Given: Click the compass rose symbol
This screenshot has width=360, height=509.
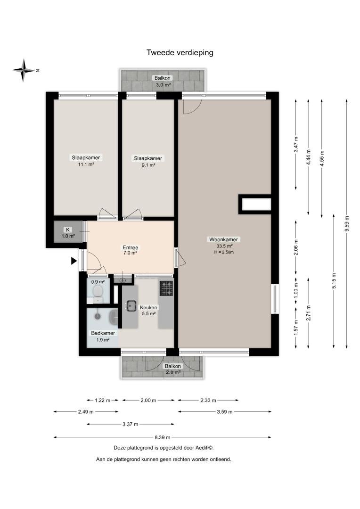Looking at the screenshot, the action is [24, 70].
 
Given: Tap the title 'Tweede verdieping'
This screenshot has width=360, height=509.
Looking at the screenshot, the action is [180, 53].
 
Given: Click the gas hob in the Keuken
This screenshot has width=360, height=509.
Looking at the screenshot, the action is [166, 288].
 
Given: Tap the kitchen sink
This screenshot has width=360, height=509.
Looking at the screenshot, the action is [131, 305].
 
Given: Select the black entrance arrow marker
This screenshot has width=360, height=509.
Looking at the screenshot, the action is [74, 261].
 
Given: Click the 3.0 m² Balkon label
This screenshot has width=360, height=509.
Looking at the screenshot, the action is [162, 81].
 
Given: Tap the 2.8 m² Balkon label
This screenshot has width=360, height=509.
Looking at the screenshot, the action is [172, 369].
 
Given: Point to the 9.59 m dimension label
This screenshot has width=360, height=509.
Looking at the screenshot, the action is [347, 224].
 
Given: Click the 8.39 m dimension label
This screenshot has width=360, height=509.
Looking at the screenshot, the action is [162, 437].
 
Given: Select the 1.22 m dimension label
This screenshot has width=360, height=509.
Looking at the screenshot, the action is [103, 400].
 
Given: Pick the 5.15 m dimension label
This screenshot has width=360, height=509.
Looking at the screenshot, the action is [334, 281].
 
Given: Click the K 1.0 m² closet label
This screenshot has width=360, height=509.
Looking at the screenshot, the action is [68, 233].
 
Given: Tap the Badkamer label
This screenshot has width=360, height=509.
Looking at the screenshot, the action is [103, 333].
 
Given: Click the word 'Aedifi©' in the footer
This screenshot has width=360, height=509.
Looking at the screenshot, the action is [204, 448].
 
